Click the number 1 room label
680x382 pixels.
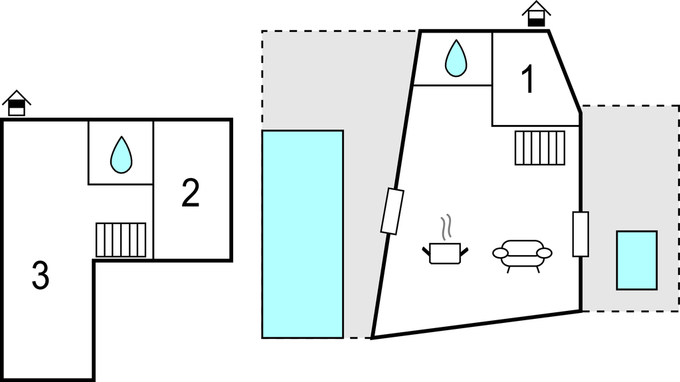pyautogui.click(x=528, y=80)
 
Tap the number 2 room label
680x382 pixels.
pyautogui.click(x=190, y=193)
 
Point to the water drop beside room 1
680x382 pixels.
pyautogui.click(x=456, y=58)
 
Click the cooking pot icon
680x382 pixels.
pyautogui.click(x=444, y=252)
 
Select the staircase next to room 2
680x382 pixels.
pyautogui.click(x=121, y=239)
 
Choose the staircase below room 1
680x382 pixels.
pyautogui.click(x=539, y=147)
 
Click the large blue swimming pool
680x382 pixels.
pyautogui.click(x=302, y=234)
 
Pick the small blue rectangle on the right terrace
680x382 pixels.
pyautogui.click(x=636, y=260)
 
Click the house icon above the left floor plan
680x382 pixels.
pyautogui.click(x=17, y=103)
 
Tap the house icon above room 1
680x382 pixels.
pyautogui.click(x=536, y=14)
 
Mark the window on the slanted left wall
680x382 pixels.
pyautogui.click(x=392, y=211)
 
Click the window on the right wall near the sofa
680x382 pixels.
pyautogui.click(x=580, y=234)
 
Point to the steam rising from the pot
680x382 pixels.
pyautogui.click(x=448, y=227)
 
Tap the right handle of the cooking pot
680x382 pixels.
pyautogui.click(x=464, y=250)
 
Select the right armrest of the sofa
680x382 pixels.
pyautogui.click(x=545, y=253)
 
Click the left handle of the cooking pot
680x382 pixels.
pyautogui.click(x=426, y=250)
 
